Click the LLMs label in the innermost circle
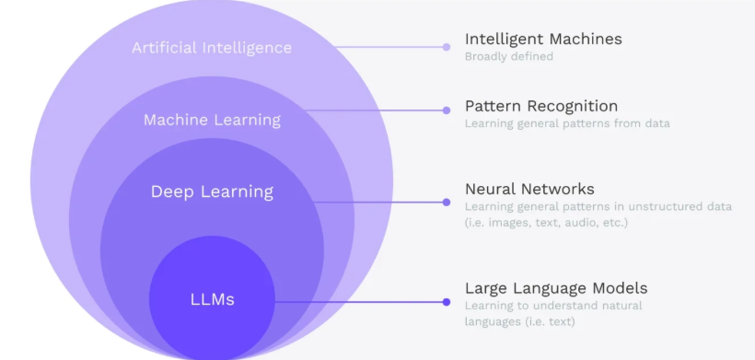(x=213, y=300)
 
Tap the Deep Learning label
(x=212, y=192)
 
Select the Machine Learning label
(x=212, y=120)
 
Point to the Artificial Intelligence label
(x=212, y=48)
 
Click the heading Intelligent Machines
(x=543, y=39)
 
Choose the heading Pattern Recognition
(x=541, y=106)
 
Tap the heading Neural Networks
(x=529, y=189)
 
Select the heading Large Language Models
(x=556, y=288)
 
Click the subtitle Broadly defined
(x=509, y=56)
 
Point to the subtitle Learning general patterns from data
(x=567, y=123)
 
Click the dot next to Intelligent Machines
(x=447, y=47)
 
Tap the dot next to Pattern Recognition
(x=447, y=110)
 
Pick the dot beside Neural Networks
(x=447, y=203)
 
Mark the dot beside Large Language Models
(x=447, y=302)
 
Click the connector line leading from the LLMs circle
(x=359, y=302)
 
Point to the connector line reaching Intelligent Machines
(x=389, y=47)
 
